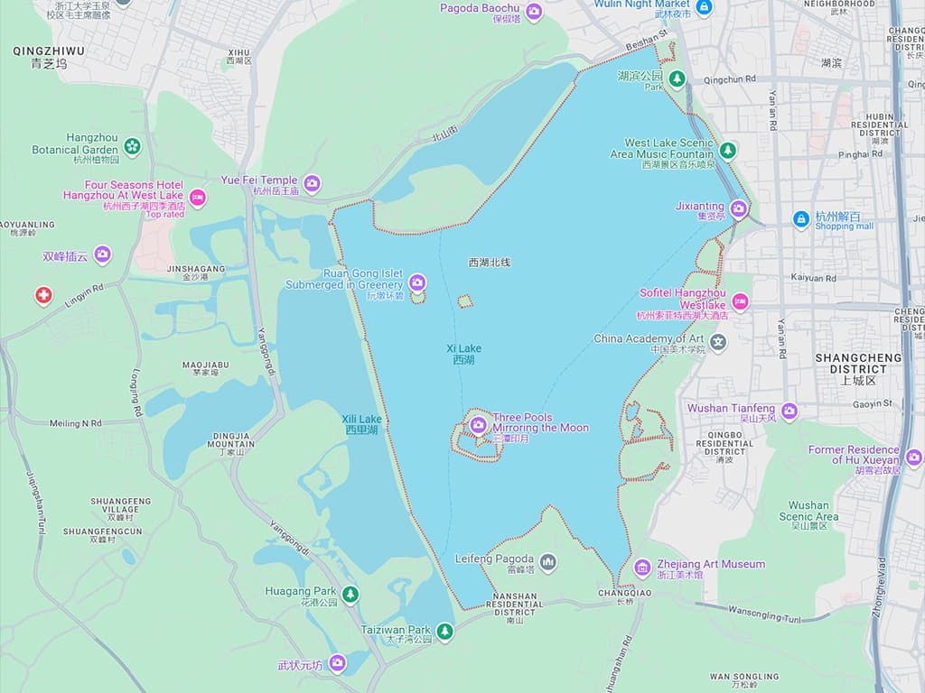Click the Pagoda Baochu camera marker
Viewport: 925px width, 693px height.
click(x=534, y=12)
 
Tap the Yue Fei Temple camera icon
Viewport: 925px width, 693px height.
click(x=312, y=184)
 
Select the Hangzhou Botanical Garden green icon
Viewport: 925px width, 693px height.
click(x=133, y=145)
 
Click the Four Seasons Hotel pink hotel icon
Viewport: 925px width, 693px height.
click(x=197, y=198)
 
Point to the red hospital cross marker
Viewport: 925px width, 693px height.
click(x=43, y=295)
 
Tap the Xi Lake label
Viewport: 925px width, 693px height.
click(x=463, y=354)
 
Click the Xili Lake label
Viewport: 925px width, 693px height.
click(x=361, y=424)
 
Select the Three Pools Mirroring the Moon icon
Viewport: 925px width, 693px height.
click(x=479, y=423)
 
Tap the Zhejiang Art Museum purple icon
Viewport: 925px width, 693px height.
click(x=642, y=568)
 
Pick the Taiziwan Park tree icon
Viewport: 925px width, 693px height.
click(x=444, y=632)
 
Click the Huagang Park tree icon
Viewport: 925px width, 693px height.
click(x=350, y=594)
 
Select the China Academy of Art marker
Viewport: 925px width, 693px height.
click(x=718, y=343)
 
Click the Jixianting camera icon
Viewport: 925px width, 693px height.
click(x=738, y=209)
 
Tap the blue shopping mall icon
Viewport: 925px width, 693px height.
click(x=800, y=219)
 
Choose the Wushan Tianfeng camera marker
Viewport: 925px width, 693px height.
click(x=790, y=411)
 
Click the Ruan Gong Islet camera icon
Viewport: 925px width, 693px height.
click(x=417, y=282)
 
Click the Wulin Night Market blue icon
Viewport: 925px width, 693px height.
click(x=705, y=7)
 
